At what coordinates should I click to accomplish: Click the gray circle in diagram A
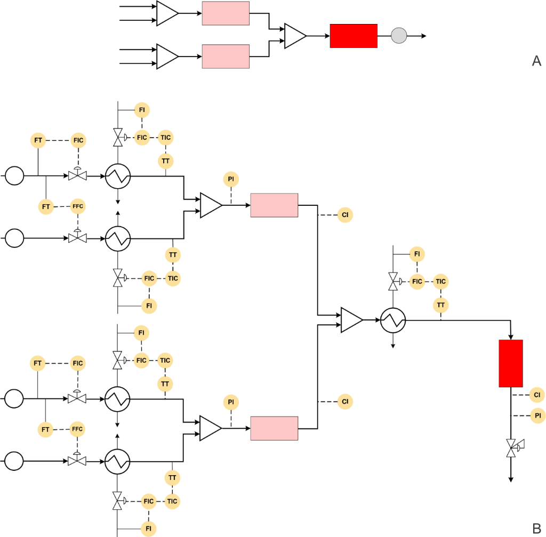coord(399,36)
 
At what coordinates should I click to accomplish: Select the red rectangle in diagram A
coord(354,36)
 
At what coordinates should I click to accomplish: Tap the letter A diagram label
coord(536,61)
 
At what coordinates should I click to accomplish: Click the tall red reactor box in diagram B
coord(511,363)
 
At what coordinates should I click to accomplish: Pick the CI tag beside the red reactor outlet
coord(537,395)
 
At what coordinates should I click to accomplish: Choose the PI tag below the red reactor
coord(537,415)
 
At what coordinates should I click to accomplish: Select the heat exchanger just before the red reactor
coord(393,320)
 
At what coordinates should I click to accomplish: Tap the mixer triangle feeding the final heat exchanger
coord(351,320)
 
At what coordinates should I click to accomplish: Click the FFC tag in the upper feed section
coord(78,206)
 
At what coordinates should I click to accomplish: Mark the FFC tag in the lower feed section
coord(78,429)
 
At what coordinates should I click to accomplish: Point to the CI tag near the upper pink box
coord(345,215)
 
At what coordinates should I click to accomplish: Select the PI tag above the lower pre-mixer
coord(231,402)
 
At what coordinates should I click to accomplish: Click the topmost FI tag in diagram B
coord(142,110)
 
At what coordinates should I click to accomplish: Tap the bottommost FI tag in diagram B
coord(149,528)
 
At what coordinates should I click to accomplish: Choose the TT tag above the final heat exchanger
coord(441,305)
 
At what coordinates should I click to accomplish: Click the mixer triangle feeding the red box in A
coord(295,36)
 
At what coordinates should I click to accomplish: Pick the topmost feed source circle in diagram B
coord(14,175)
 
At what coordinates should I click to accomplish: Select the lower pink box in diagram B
coord(274,428)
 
